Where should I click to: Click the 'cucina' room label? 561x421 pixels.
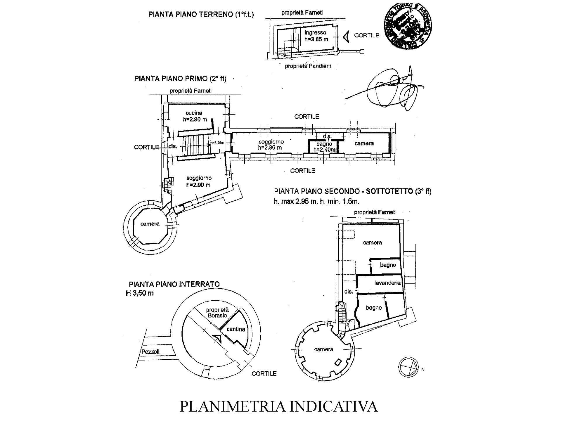pyautogui.click(x=194, y=113)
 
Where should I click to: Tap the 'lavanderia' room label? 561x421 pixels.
pyautogui.click(x=387, y=283)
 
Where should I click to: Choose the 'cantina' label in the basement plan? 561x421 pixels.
pyautogui.click(x=236, y=329)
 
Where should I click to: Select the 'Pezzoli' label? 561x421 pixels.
pyautogui.click(x=150, y=352)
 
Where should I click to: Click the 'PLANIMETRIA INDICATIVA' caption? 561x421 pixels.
pyautogui.click(x=278, y=406)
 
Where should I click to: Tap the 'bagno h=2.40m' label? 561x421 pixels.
pyautogui.click(x=324, y=147)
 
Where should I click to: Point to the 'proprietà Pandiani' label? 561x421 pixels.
pyautogui.click(x=308, y=66)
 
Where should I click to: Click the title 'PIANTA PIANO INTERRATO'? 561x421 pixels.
pyautogui.click(x=174, y=284)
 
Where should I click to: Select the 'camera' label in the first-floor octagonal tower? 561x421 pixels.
pyautogui.click(x=150, y=224)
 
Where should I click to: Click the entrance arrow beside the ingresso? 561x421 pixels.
pyautogui.click(x=346, y=37)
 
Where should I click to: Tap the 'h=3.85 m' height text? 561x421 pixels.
pyautogui.click(x=316, y=39)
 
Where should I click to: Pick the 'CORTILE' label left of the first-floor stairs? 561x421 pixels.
pyautogui.click(x=146, y=147)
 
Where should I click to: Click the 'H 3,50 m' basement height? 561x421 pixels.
pyautogui.click(x=140, y=293)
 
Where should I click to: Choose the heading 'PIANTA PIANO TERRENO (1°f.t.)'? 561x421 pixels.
pyautogui.click(x=201, y=14)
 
